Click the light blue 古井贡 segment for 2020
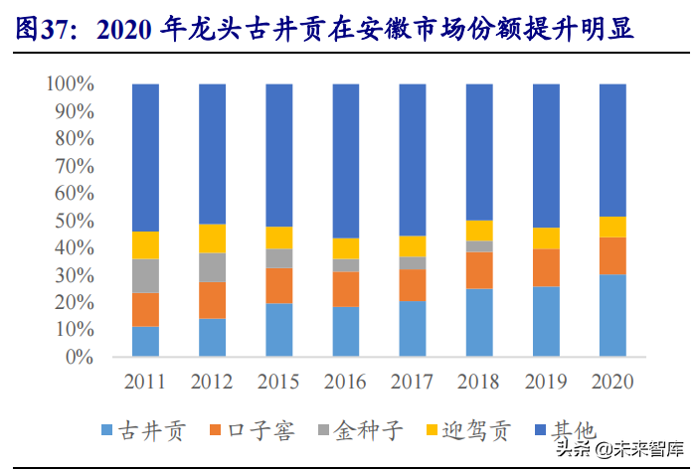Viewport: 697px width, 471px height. (612, 315)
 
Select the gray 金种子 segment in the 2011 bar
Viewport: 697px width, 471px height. (145, 275)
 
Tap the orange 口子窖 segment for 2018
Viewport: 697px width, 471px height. (479, 269)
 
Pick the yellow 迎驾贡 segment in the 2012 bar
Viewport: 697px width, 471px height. (212, 238)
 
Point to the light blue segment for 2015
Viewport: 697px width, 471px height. (278, 330)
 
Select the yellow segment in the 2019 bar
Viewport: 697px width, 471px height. (546, 237)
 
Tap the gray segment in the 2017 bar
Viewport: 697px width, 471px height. (413, 262)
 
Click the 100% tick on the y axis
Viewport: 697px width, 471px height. (70, 84)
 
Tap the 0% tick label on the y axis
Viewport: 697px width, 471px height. (79, 356)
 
